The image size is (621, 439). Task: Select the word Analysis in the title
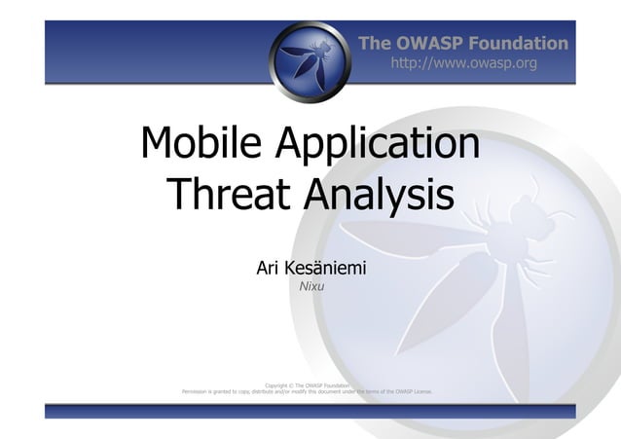(379, 198)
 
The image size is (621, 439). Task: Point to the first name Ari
(269, 267)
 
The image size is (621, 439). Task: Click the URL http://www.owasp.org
(463, 63)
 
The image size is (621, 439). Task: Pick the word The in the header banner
(375, 43)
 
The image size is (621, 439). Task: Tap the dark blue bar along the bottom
(310, 413)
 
